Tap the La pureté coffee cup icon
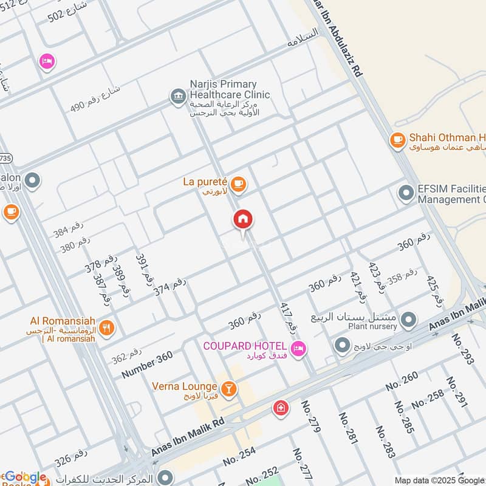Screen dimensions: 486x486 pyautogui.click(x=239, y=183)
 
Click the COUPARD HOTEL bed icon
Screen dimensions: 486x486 pyautogui.click(x=298, y=348)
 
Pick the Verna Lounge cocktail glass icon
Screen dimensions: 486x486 pyautogui.click(x=229, y=388)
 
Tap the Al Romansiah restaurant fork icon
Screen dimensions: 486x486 pyautogui.click(x=106, y=328)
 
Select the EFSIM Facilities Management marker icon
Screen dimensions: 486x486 pyautogui.click(x=405, y=193)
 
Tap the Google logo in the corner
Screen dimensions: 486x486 pyautogui.click(x=25, y=477)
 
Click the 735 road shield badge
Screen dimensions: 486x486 pyautogui.click(x=5, y=157)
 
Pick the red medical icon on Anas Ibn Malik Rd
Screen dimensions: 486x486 pyautogui.click(x=280, y=408)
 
